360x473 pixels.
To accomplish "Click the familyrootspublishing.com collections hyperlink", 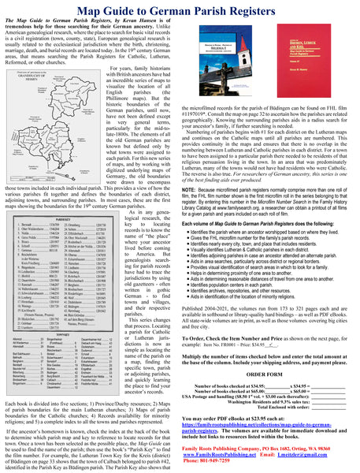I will (259, 426).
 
